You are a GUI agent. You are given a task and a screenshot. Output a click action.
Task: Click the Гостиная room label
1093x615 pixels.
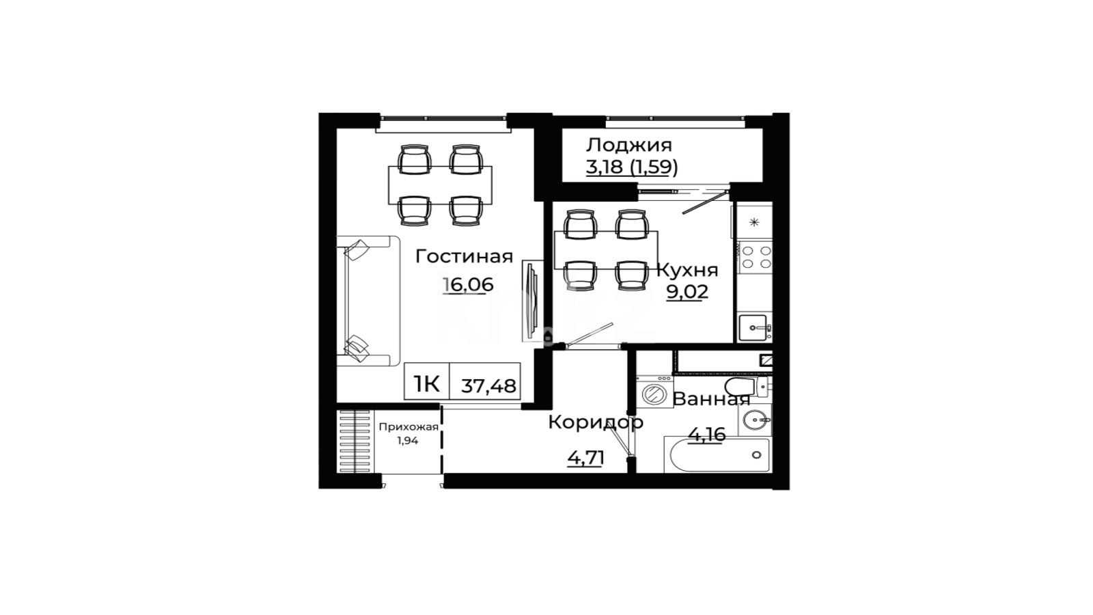pos(464,257)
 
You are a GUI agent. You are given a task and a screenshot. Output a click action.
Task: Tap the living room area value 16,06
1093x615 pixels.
pos(469,284)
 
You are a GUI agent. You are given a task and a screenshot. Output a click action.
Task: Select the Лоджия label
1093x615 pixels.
pos(629,146)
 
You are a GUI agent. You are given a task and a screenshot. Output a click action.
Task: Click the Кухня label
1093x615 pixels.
pos(688,270)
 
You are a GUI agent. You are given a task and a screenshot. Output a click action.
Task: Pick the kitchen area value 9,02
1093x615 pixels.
pos(687,292)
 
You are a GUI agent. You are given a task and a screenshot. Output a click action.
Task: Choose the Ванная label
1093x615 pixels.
pos(711,400)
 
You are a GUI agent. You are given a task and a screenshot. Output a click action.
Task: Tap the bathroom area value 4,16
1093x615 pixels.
pos(707,433)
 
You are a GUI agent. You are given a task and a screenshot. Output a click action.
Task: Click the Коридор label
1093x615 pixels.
pos(596,423)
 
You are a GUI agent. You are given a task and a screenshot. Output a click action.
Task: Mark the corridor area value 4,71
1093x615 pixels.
pos(586,458)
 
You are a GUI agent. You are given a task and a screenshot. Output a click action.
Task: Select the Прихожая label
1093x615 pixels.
pos(409,428)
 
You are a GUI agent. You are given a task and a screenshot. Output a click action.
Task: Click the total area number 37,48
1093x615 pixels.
pos(488,386)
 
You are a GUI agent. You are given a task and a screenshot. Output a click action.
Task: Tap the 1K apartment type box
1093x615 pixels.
pos(427,382)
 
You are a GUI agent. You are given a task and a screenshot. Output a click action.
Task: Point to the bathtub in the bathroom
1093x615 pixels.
pos(717,455)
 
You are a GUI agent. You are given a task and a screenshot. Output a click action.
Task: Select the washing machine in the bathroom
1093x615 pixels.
pos(655,392)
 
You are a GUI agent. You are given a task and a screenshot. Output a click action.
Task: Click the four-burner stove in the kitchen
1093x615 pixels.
pos(754,258)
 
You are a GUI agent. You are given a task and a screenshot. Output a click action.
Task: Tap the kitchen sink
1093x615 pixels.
pos(754,327)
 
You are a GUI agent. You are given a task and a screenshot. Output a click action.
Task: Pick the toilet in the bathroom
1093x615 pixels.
pos(747,387)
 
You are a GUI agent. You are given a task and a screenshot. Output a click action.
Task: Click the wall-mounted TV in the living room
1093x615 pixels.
pos(533,301)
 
